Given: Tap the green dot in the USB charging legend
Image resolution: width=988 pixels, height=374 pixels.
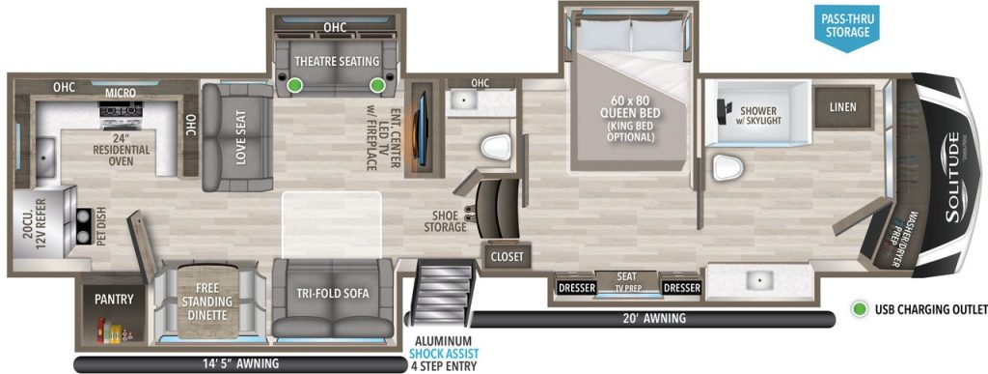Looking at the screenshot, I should [x=858, y=309].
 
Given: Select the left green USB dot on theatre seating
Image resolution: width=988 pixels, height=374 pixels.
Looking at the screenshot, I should [x=294, y=86].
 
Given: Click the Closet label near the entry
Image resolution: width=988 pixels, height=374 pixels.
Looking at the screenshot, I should [x=507, y=256].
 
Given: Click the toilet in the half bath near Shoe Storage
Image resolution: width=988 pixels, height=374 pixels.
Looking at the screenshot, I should [x=494, y=148].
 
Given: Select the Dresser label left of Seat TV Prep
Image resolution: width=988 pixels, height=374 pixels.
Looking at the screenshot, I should [x=576, y=288].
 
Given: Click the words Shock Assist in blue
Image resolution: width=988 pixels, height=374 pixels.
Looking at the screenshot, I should [x=442, y=354].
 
